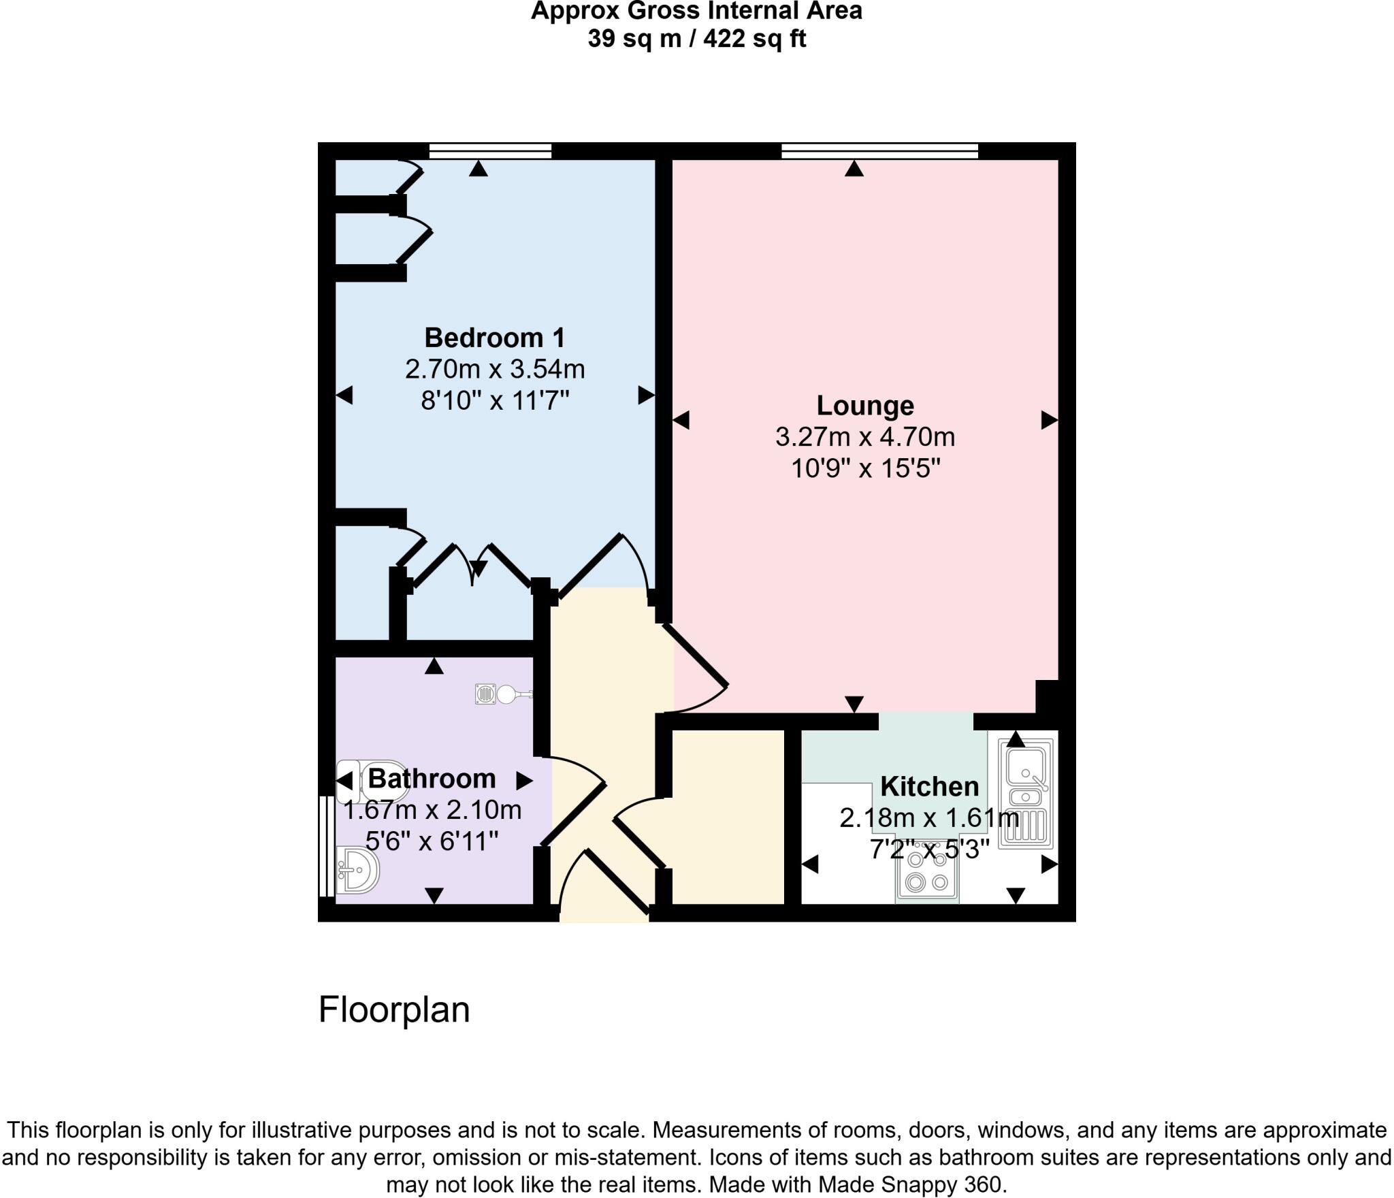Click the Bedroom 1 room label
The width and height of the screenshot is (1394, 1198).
point(495,338)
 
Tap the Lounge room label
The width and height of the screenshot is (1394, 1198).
point(865,405)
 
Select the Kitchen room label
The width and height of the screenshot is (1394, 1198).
point(929,786)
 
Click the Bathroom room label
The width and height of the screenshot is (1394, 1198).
point(432,778)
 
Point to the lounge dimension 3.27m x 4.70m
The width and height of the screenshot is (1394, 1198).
point(865,437)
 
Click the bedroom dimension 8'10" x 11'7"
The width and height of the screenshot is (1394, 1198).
point(495,401)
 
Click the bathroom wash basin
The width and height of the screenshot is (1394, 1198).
point(357,870)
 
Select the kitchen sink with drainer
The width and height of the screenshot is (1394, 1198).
point(1025,794)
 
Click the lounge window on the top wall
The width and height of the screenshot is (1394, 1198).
point(879,150)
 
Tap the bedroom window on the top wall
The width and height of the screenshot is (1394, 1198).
point(490,150)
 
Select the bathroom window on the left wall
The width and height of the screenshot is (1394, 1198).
point(326,846)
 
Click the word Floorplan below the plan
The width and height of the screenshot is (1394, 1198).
point(394,1009)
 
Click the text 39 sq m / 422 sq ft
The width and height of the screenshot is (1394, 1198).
point(696,39)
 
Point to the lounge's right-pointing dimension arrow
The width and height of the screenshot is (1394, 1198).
point(1049,421)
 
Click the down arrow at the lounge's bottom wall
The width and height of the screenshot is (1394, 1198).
point(854,704)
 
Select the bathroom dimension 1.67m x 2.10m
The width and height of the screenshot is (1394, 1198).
point(432,811)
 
